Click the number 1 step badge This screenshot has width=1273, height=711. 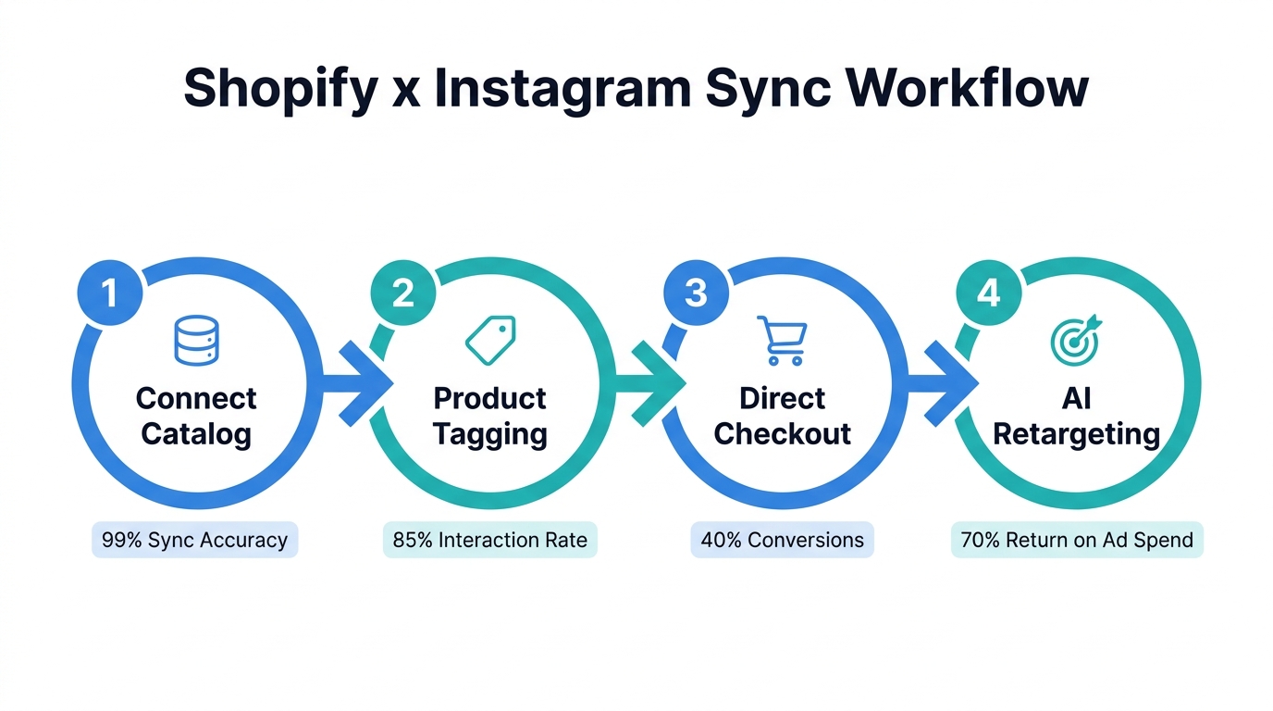pos(110,293)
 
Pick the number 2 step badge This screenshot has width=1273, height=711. pos(402,293)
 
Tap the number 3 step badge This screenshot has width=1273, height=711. pos(696,293)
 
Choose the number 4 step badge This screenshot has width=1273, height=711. pos(988,293)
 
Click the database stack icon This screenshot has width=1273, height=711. pos(196,340)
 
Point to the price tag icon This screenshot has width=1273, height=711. pos(490,340)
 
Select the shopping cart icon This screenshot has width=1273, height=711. pos(783,340)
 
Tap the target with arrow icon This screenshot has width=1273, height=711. pos(1076,340)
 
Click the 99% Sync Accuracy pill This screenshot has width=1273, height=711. pos(195,540)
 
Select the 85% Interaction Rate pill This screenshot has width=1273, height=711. pos(490,540)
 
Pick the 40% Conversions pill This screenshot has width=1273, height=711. pos(783,540)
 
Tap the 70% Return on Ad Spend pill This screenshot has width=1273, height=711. pos(1077,540)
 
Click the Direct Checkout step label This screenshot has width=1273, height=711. pos(783,416)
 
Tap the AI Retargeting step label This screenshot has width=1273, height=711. pos(1077,416)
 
